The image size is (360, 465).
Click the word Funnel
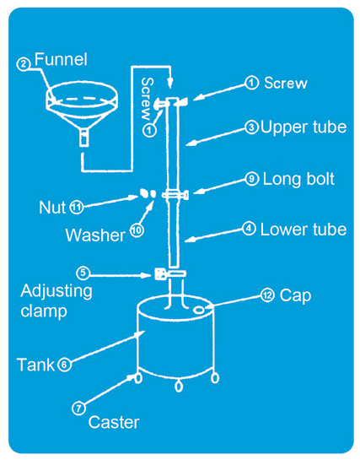(61, 59)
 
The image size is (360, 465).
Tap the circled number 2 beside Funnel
(24, 64)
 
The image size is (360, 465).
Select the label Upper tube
(304, 127)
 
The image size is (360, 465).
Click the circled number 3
(251, 127)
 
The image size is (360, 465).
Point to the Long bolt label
(298, 179)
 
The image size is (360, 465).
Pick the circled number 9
(252, 179)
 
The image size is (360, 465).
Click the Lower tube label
(304, 230)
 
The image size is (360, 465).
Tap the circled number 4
(249, 229)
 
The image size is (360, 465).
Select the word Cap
(295, 296)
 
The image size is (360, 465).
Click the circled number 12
(267, 295)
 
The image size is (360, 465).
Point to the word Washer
(95, 235)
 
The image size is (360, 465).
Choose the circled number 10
(137, 230)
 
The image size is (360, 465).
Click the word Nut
(52, 208)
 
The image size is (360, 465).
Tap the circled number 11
(77, 208)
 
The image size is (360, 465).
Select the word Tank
(36, 365)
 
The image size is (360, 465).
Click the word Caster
(114, 422)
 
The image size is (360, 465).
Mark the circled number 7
(78, 408)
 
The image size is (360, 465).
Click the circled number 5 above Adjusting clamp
(83, 273)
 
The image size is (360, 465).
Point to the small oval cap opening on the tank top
(198, 310)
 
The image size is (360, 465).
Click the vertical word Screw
(148, 99)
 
